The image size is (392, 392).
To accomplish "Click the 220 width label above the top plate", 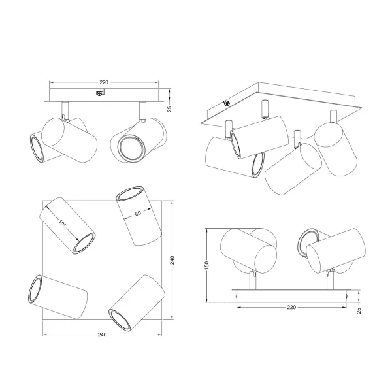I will click(x=104, y=82).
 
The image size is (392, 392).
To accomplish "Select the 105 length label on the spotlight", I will click(x=63, y=224).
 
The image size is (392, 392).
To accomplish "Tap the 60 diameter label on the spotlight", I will click(x=138, y=214).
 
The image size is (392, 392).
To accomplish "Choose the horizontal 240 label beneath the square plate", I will click(x=103, y=335).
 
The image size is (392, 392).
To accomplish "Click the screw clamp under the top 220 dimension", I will click(x=99, y=95).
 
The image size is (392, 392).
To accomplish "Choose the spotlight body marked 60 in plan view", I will click(x=138, y=215).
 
